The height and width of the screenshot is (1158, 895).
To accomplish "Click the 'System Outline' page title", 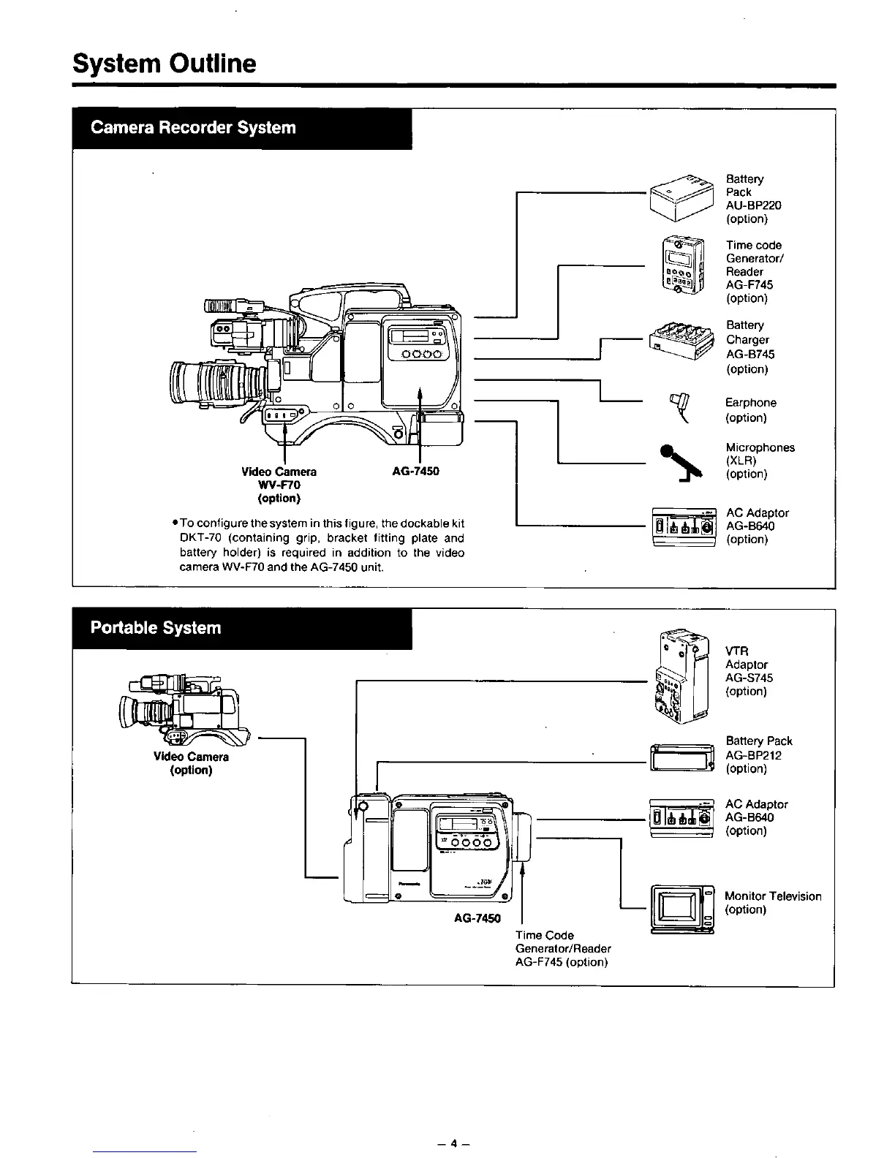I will coord(165,64).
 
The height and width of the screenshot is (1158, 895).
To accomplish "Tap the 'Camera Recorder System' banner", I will coord(193,128).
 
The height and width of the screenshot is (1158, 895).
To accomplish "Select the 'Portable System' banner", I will coord(155,628).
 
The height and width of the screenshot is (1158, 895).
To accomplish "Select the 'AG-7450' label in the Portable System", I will coord(477,918).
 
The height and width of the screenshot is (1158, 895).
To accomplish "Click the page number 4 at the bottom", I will coord(453,1143).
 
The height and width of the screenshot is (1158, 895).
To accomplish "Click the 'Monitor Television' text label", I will coord(773,896).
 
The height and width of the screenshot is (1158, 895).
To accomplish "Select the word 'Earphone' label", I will coord(750,403).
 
